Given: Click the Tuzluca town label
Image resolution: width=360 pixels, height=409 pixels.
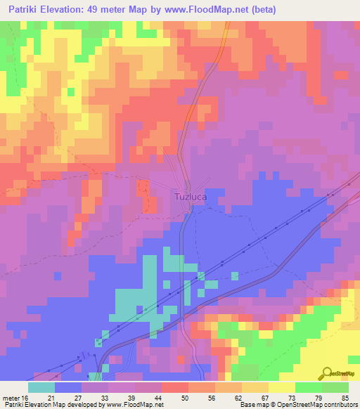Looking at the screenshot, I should coord(191,197).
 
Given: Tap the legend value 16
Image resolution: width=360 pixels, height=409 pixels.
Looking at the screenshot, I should coord(25,397).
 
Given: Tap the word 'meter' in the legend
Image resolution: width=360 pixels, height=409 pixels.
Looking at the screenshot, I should coord(11,397).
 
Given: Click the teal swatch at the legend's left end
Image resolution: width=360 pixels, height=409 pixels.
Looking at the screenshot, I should coord(41,387).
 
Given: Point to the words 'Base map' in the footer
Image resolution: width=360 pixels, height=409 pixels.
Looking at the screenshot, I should coord(254,405).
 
